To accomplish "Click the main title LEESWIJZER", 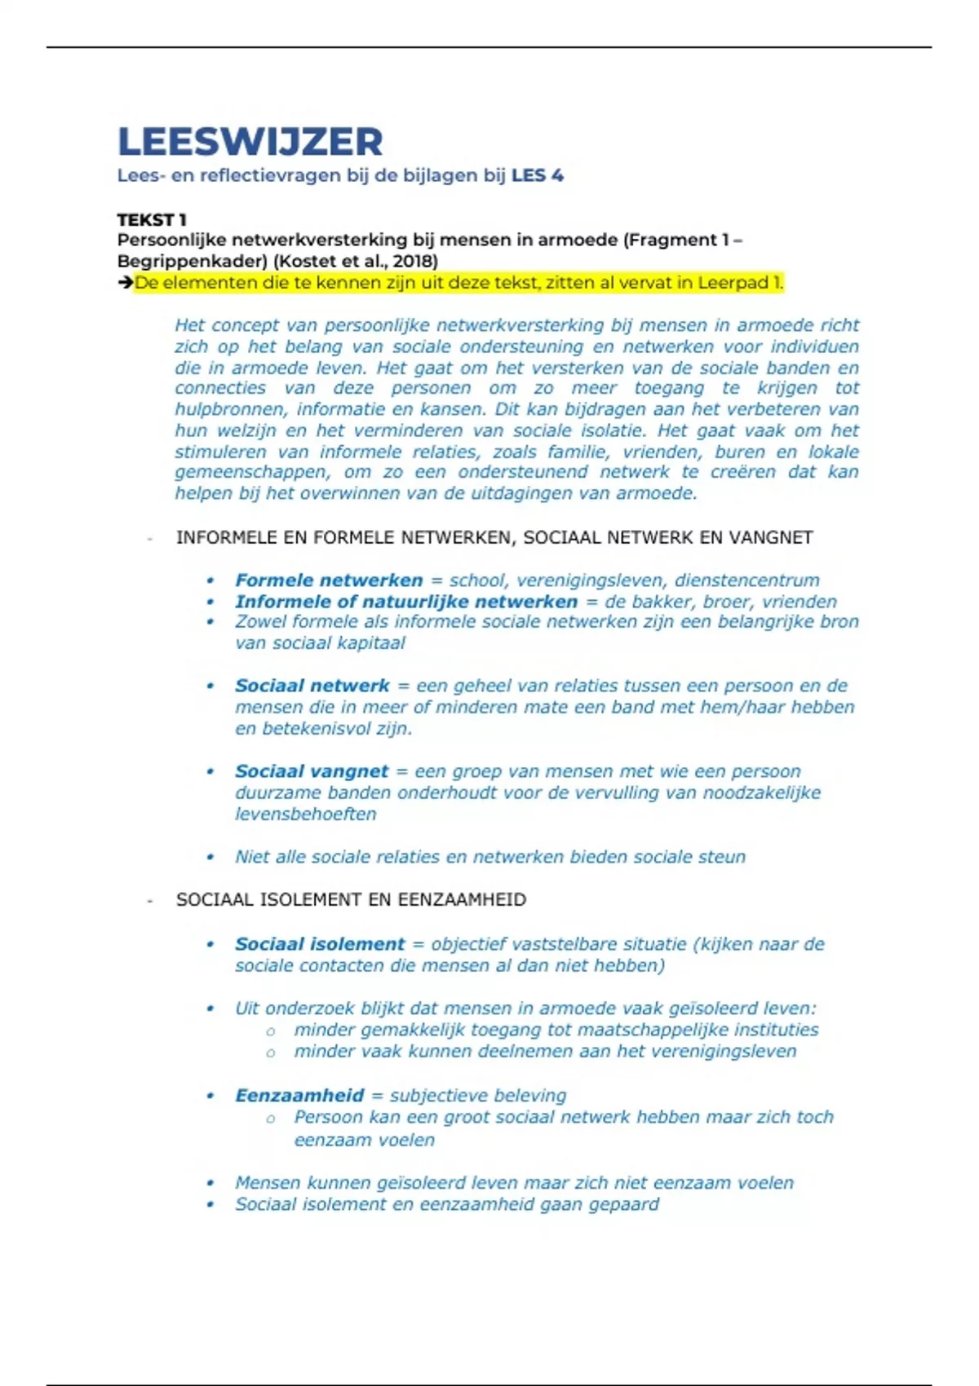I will click(x=250, y=142).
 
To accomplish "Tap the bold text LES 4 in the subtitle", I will click(x=537, y=175).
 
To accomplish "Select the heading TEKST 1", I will click(x=152, y=220).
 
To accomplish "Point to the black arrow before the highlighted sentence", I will click(x=125, y=283).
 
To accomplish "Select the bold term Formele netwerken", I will click(x=329, y=580).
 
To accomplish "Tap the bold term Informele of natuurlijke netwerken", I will click(x=405, y=602).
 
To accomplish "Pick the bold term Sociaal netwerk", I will click(x=312, y=686).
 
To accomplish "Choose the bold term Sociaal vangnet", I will click(x=311, y=771).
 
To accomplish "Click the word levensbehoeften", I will click(x=305, y=814).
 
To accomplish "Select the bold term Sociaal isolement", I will click(x=319, y=944).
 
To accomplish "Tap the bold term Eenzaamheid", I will click(x=299, y=1096).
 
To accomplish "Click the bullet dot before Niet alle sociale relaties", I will click(x=210, y=857).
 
